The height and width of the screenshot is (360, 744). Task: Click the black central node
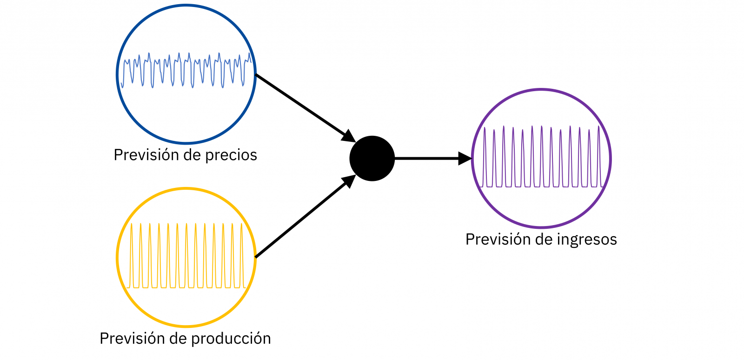coord(372,159)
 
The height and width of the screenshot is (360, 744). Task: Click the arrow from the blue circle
coord(302,106)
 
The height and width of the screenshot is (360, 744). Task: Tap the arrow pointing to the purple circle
coord(428,159)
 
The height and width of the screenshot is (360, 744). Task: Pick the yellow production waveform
coord(186,256)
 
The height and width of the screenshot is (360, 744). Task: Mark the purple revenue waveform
coord(541,158)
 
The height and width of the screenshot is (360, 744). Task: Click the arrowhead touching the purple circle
coord(465,159)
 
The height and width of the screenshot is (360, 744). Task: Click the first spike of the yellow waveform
coord(132,256)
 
